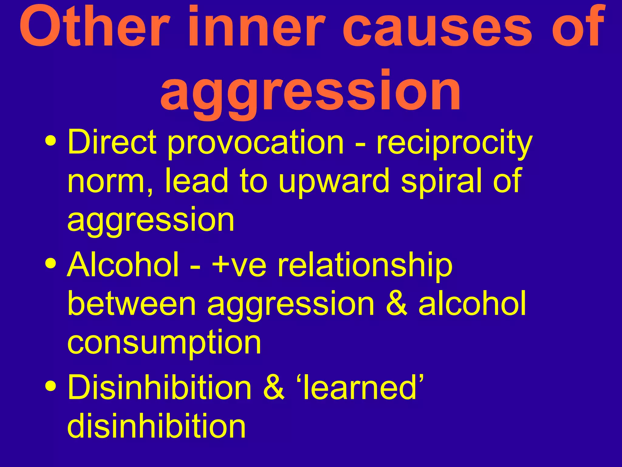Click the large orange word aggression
pyautogui.click(x=310, y=91)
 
